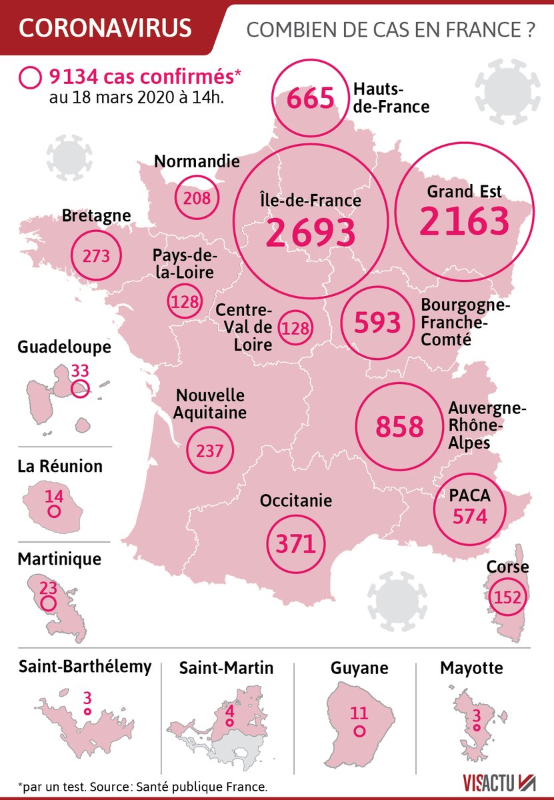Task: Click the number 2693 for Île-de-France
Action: [311, 231]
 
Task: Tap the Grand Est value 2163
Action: [464, 222]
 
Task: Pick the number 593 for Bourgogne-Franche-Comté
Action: [377, 323]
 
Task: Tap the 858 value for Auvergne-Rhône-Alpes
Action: [399, 427]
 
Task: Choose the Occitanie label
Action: [296, 501]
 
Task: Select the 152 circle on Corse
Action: [508, 597]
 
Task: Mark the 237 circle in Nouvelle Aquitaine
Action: [210, 451]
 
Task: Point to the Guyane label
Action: [359, 667]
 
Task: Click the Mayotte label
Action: [471, 667]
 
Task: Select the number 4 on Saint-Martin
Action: [230, 711]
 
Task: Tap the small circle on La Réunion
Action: [54, 512]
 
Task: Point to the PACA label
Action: [470, 495]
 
